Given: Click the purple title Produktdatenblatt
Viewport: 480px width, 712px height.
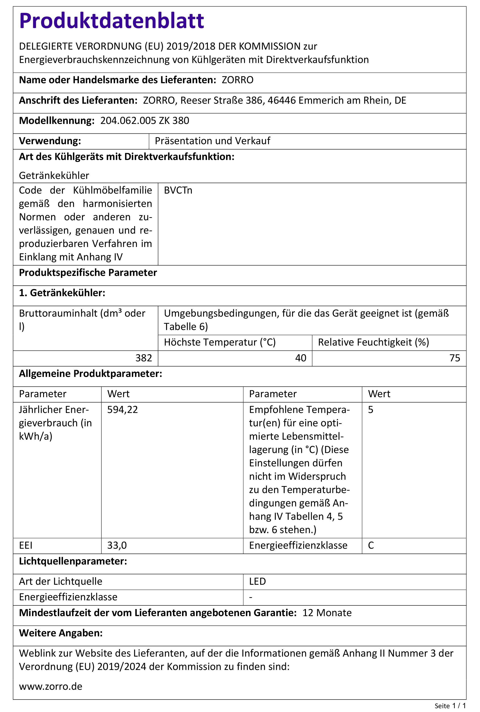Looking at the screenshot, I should [111, 21].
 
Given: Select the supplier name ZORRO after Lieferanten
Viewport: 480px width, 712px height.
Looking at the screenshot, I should [237, 80].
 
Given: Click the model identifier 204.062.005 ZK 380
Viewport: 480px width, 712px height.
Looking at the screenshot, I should [145, 121].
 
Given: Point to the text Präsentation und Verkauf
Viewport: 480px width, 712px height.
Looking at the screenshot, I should [213, 141].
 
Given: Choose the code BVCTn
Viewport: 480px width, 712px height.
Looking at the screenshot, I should [178, 190].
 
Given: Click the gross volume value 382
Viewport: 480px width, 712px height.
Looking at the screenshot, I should [144, 358].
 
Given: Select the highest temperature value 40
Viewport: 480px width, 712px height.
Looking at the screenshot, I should [300, 358].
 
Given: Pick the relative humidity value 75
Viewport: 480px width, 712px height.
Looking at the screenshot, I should [455, 358].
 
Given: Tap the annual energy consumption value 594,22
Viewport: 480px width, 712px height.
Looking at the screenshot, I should [123, 410].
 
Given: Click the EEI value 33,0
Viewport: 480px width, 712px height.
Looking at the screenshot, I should [117, 545].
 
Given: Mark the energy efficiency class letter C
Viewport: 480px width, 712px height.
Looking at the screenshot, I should [371, 545].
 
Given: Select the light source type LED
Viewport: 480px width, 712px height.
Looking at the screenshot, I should [257, 581].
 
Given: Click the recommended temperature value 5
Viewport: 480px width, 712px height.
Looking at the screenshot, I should [370, 410].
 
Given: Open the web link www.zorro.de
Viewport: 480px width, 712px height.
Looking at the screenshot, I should [50, 686].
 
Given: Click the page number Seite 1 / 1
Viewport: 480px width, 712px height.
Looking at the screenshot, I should [450, 706].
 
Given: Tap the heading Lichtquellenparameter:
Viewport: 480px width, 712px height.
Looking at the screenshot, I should [73, 561].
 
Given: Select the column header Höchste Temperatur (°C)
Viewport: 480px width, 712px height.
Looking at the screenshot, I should [219, 342].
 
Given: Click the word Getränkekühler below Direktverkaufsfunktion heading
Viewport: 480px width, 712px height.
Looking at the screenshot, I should [54, 176].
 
